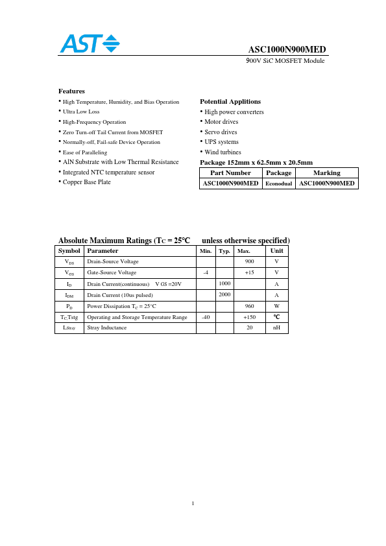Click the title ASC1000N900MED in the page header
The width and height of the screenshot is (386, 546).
point(287,50)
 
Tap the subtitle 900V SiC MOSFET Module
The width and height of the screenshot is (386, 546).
point(285,60)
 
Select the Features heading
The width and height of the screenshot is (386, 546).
point(71,91)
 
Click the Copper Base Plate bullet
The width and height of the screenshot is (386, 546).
point(86,182)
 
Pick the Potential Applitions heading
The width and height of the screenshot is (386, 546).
point(230,102)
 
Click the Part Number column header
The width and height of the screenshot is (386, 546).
point(230,173)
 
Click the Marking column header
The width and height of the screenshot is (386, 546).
point(326,173)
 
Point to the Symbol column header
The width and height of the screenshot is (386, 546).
point(69,250)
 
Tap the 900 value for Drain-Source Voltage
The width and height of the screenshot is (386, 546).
point(249,261)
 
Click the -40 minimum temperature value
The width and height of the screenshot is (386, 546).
point(206,317)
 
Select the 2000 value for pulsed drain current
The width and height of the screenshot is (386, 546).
point(224,294)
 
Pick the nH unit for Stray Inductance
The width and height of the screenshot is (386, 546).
point(276,328)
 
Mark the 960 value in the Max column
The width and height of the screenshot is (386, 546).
point(249,306)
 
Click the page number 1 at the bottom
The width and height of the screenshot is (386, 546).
point(193,503)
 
